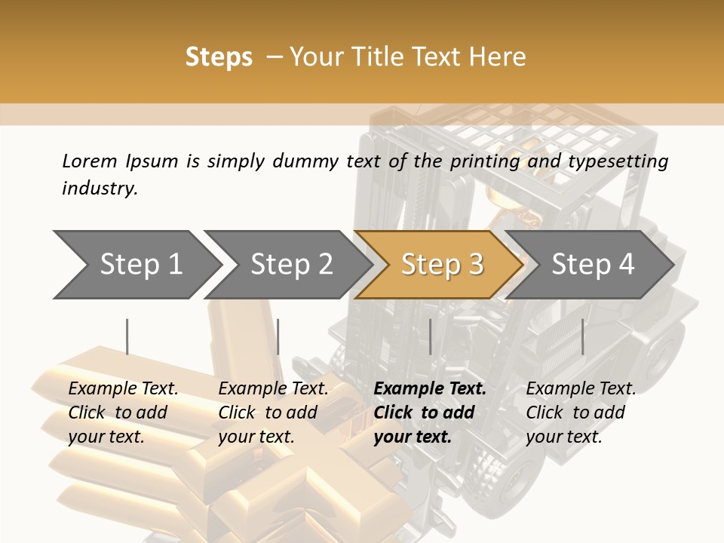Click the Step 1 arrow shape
136,265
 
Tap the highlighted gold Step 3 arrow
441,265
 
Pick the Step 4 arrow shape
592,265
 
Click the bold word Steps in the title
219,57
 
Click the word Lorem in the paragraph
90,161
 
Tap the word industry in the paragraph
100,188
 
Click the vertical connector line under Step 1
127,336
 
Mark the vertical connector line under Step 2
278,336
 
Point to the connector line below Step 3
430,336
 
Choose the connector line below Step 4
582,336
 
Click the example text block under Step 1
123,413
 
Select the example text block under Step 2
273,413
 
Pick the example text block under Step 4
581,413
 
